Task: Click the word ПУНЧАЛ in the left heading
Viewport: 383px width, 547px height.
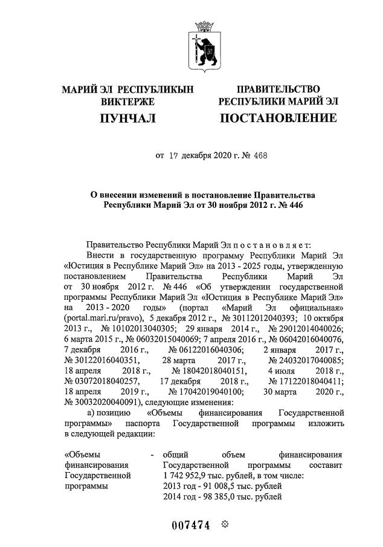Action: (127, 118)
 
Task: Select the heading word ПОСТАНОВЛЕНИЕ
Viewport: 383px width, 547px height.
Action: (278, 118)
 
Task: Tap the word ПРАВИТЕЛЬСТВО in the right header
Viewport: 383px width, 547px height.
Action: (278, 89)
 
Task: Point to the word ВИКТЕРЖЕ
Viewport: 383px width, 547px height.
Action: (127, 102)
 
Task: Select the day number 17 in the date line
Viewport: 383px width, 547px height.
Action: (175, 155)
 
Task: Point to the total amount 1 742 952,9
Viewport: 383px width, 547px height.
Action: (191, 475)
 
